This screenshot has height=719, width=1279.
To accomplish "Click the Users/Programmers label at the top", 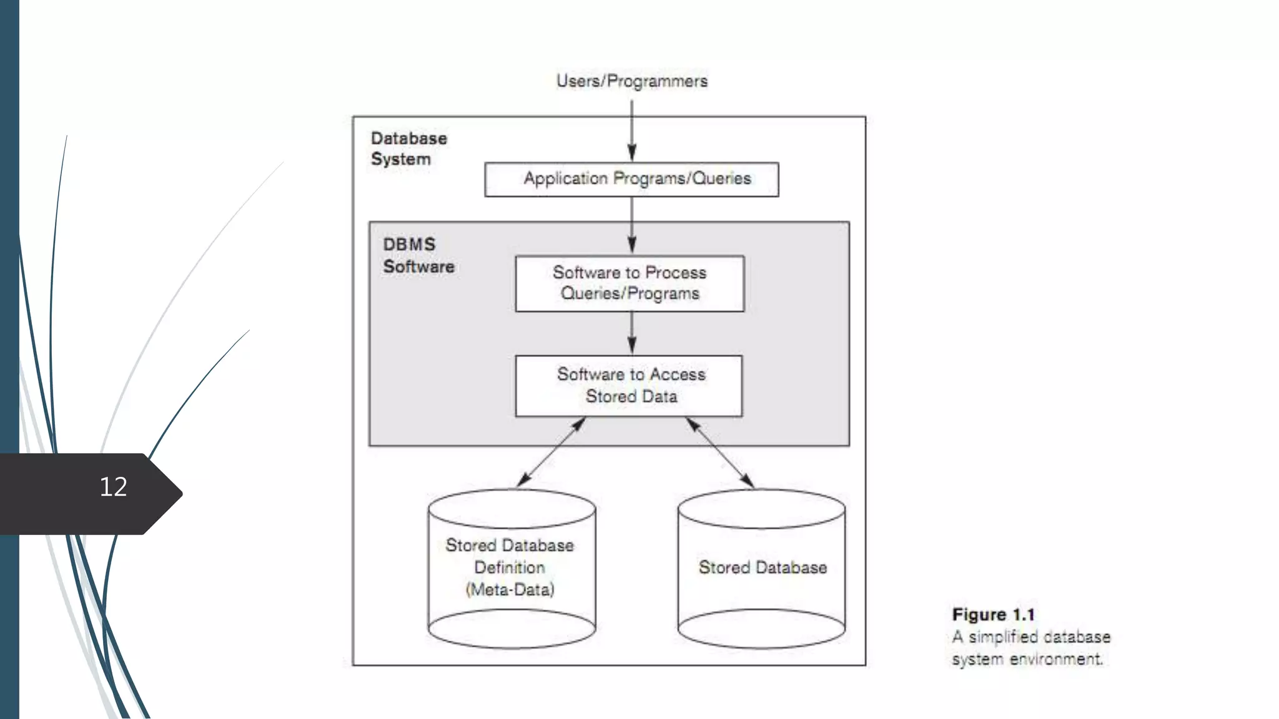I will pyautogui.click(x=631, y=81).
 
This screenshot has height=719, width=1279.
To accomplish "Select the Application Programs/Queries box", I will pyautogui.click(x=631, y=179).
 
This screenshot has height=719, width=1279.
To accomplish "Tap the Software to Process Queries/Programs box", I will pyautogui.click(x=630, y=283).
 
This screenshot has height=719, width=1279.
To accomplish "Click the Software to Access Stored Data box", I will pyautogui.click(x=629, y=386).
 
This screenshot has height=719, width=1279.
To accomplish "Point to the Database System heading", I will pyautogui.click(x=408, y=149).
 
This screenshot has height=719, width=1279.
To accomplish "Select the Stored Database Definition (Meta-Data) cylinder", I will pyautogui.click(x=511, y=568).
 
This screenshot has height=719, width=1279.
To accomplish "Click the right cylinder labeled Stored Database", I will pyautogui.click(x=761, y=568).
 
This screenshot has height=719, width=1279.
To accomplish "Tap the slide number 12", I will pyautogui.click(x=113, y=487).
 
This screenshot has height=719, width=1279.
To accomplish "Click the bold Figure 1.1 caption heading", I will pyautogui.click(x=993, y=615).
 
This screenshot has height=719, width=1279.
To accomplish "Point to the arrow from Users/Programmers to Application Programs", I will pyautogui.click(x=631, y=131).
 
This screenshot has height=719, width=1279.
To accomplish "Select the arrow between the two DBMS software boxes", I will pyautogui.click(x=631, y=333).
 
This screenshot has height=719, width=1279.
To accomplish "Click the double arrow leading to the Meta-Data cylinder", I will pyautogui.click(x=551, y=452).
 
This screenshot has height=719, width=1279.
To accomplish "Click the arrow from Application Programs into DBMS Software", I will pyautogui.click(x=631, y=225).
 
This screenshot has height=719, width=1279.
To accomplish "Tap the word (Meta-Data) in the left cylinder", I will pyautogui.click(x=510, y=590).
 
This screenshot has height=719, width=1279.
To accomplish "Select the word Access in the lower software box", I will pyautogui.click(x=678, y=374).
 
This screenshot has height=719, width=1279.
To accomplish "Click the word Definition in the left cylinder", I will pyautogui.click(x=510, y=567).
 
